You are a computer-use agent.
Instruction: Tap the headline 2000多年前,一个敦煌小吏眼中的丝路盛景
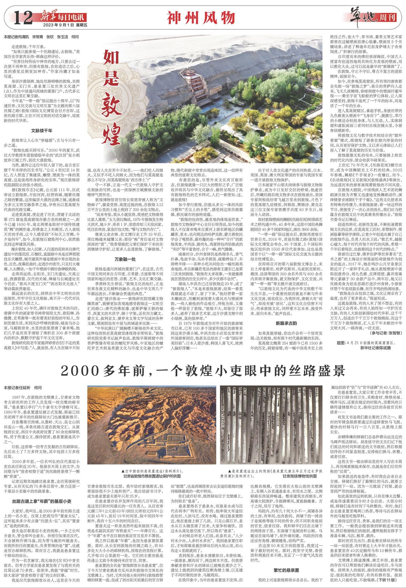203,371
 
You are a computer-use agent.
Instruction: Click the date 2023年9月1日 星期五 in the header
61,25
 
